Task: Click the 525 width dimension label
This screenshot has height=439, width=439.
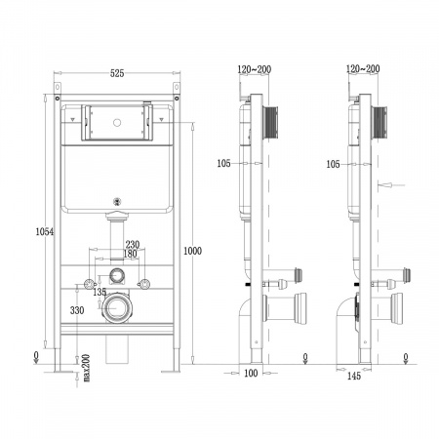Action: pyautogui.click(x=117, y=73)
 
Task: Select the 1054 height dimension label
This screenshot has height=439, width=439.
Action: pyautogui.click(x=45, y=232)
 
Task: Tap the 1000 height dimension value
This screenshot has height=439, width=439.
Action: pyautogui.click(x=192, y=251)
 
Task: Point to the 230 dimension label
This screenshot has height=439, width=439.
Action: pyautogui.click(x=133, y=244)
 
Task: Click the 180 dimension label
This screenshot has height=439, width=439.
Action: pyautogui.click(x=130, y=254)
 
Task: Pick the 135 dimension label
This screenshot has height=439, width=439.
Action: pyautogui.click(x=100, y=292)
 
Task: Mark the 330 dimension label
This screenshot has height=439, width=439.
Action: pyautogui.click(x=77, y=310)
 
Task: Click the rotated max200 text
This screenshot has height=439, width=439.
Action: pyautogui.click(x=86, y=368)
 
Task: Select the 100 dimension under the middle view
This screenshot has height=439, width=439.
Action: pyautogui.click(x=251, y=373)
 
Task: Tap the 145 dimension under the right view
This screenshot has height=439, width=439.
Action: pyautogui.click(x=354, y=377)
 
